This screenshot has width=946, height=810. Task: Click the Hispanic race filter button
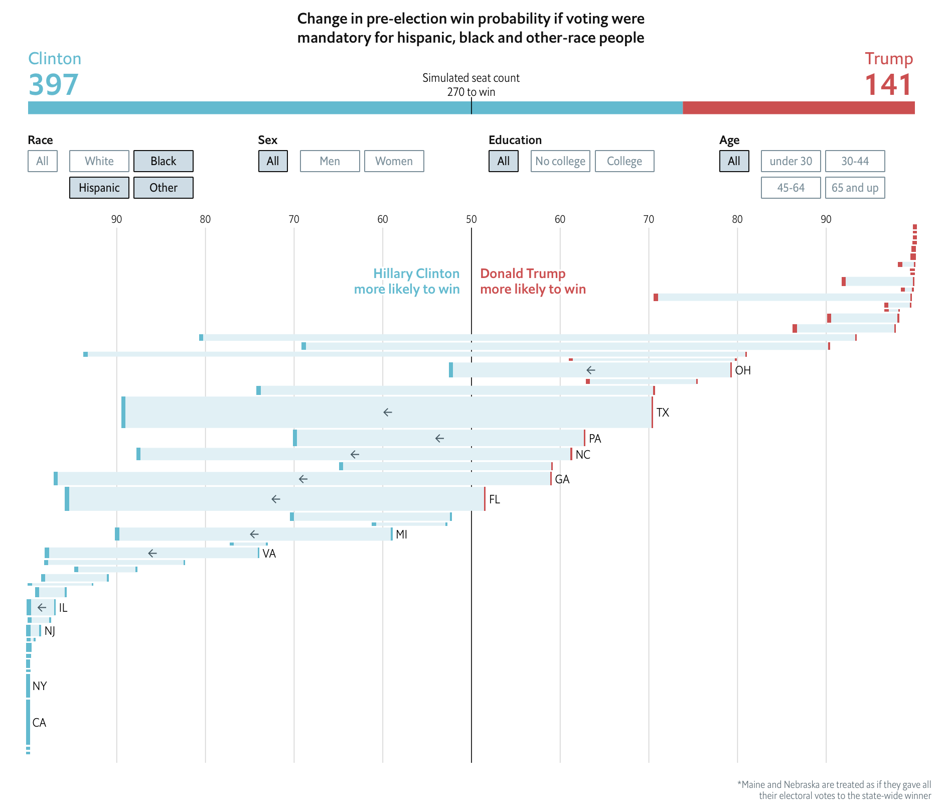point(99,188)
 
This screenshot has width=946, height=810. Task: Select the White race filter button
point(99,161)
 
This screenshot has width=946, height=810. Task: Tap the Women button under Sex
point(394,161)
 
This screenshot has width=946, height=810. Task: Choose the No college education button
point(560,161)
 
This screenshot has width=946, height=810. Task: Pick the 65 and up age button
point(855,188)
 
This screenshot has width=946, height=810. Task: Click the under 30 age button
point(791,161)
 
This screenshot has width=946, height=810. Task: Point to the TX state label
point(663,413)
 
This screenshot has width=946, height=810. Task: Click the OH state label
point(743,370)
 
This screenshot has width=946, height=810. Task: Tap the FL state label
point(495,499)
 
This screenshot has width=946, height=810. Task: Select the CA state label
point(39,723)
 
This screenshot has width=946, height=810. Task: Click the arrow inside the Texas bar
point(388,413)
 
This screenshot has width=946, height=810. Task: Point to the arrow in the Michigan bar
point(254,534)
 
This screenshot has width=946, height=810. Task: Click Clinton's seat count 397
point(54,85)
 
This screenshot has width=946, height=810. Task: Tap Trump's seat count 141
point(888,85)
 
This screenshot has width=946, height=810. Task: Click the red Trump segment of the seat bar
point(799,108)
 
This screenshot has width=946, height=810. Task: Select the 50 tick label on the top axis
point(471,219)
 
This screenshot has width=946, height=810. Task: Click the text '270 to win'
point(471,92)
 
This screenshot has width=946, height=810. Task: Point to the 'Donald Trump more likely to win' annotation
point(533,282)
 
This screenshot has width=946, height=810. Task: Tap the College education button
point(624,161)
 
